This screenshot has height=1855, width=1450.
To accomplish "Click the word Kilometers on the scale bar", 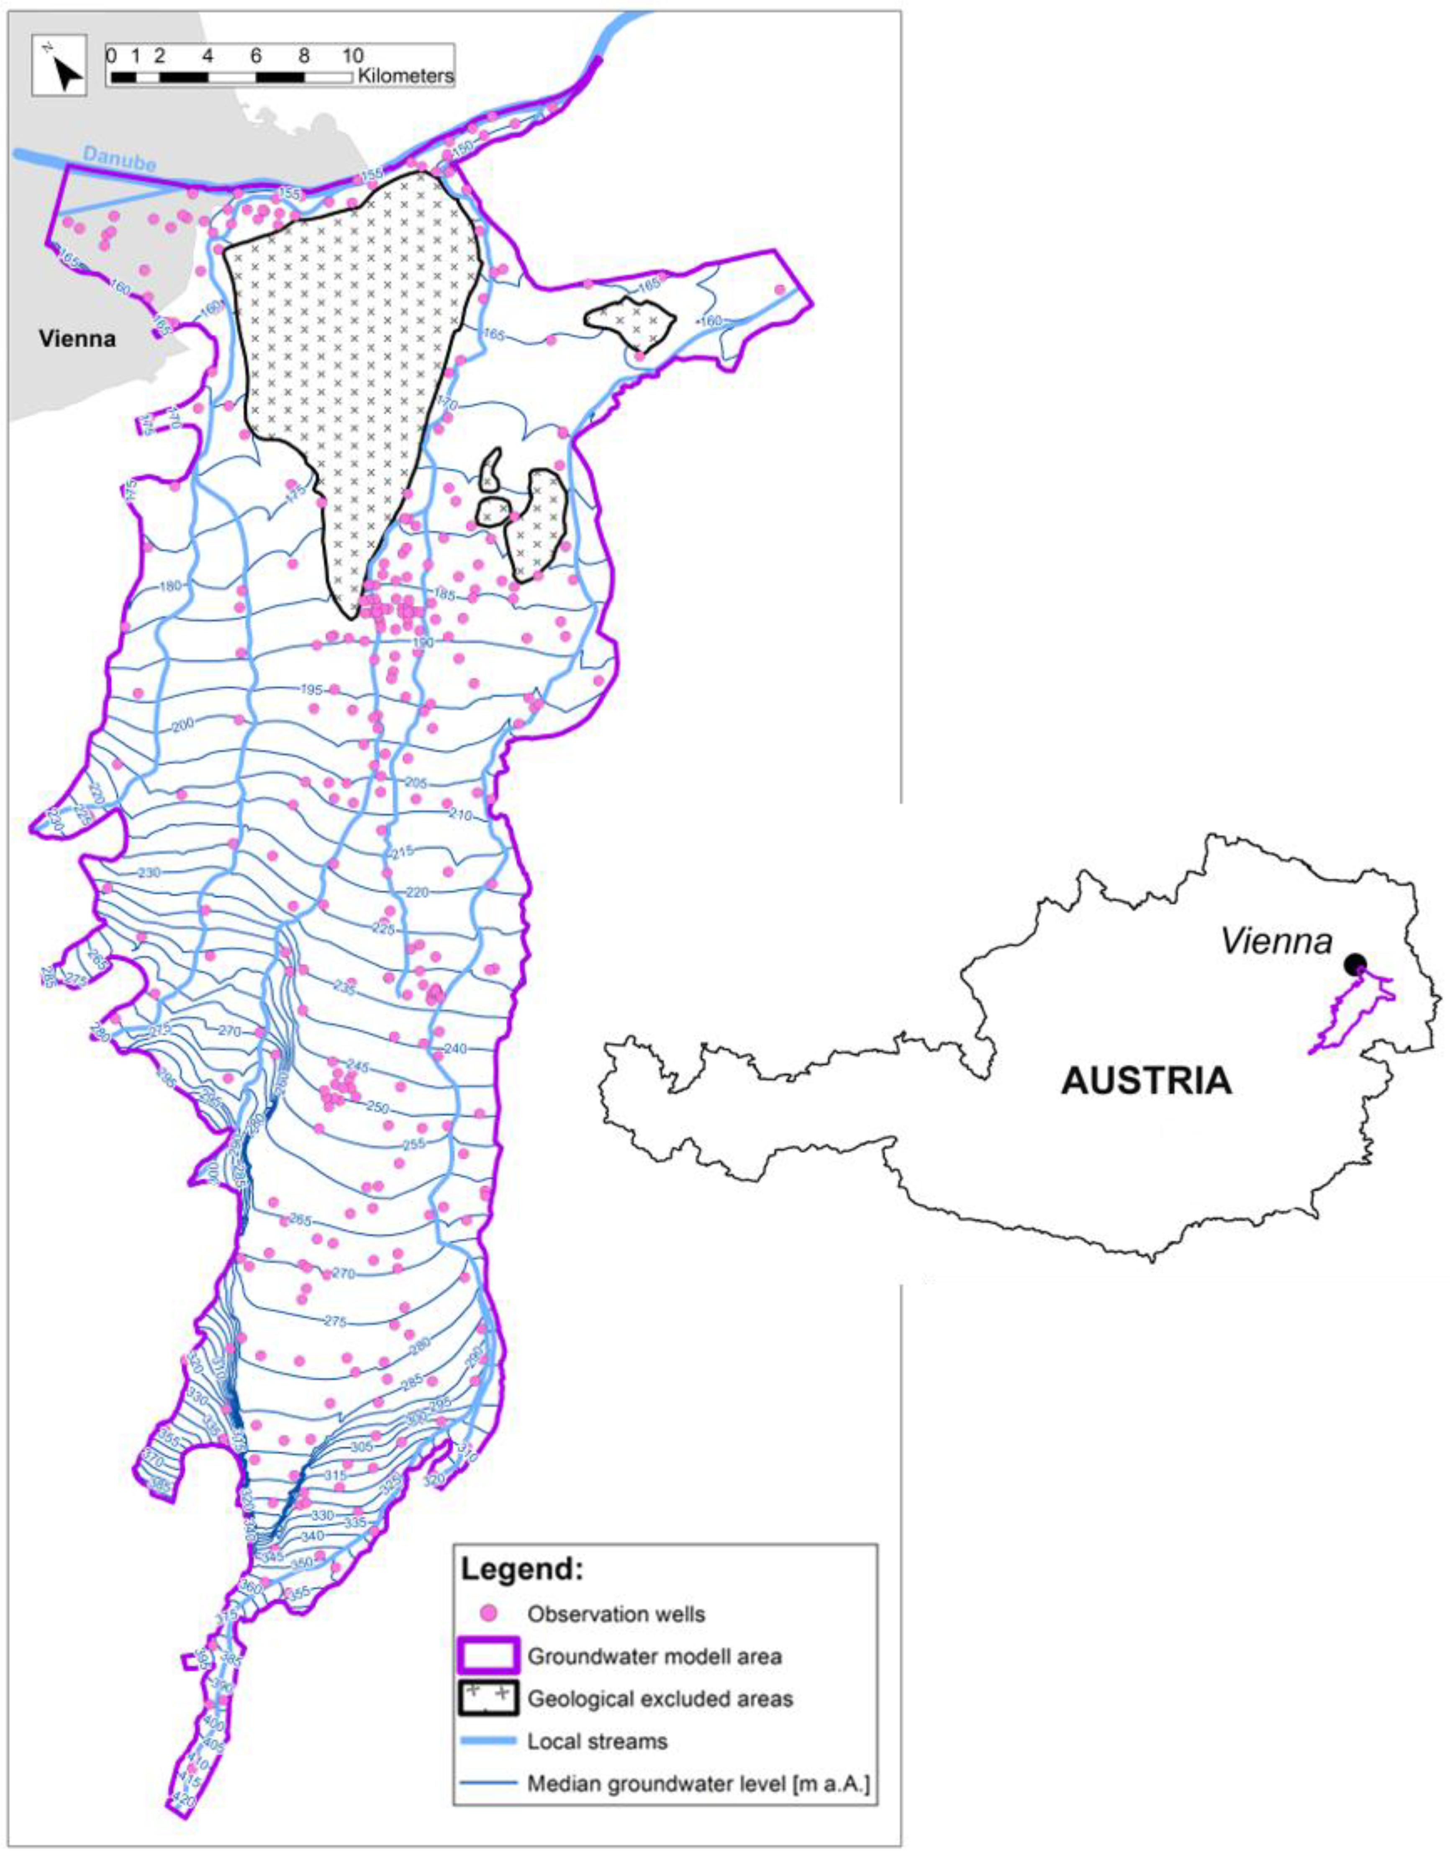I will [x=405, y=76].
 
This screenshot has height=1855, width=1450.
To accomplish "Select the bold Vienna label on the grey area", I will [x=77, y=339].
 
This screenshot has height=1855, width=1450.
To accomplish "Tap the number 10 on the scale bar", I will [x=352, y=56].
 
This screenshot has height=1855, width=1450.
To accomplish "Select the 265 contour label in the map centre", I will [x=300, y=1220].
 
